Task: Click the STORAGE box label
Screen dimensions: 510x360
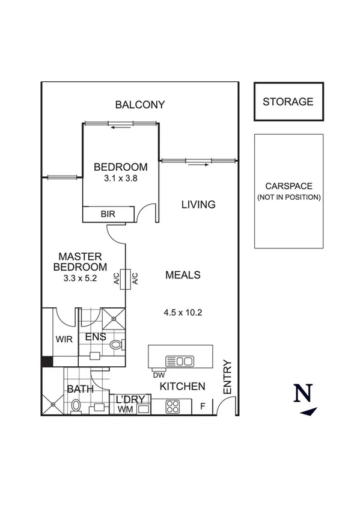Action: tap(288, 102)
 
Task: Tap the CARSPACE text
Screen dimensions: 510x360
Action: tap(288, 186)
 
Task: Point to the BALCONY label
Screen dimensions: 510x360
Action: tap(139, 105)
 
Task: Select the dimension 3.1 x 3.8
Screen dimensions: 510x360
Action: tap(120, 178)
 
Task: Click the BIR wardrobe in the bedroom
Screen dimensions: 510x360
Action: tap(108, 214)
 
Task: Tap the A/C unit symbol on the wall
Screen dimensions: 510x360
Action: tap(126, 278)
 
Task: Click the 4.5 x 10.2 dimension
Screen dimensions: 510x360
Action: tap(182, 312)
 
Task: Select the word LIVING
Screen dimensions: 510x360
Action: tap(198, 204)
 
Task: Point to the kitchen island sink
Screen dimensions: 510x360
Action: tap(180, 361)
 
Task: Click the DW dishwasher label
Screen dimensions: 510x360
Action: tap(159, 375)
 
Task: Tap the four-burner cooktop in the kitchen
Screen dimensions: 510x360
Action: tap(172, 406)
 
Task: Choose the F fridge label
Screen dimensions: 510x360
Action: tap(203, 407)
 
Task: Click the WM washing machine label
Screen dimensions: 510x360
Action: tap(124, 409)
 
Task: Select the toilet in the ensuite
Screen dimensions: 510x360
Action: tap(117, 345)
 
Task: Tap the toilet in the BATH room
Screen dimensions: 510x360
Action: tap(76, 407)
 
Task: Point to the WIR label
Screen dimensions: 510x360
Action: tap(64, 339)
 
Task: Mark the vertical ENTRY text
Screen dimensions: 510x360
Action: tap(227, 377)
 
